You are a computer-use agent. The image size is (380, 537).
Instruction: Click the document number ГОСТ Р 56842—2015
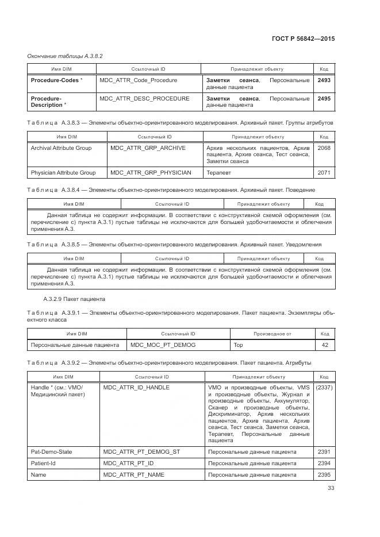302,38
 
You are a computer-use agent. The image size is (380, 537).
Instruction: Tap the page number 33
331,488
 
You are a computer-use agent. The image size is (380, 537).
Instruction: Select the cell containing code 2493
324,80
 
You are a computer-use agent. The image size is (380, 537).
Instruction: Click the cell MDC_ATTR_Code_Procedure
139,80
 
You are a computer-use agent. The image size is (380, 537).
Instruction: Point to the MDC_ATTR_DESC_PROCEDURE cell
144,99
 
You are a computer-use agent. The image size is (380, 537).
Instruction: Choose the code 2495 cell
324,99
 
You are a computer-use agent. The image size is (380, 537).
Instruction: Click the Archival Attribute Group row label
61,148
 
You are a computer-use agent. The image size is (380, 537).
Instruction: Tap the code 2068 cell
324,148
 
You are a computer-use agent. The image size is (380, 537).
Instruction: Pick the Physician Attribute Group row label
63,172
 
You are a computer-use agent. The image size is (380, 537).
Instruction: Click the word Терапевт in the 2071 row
218,172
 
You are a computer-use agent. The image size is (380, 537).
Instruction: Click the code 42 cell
325,345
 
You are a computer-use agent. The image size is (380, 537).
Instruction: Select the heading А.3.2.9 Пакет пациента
74,299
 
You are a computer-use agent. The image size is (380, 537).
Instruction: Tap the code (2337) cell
324,388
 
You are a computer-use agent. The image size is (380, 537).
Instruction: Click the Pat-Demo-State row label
51,452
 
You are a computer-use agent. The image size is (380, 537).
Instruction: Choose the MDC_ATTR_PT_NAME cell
133,475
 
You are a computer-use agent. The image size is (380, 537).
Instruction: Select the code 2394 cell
324,463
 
